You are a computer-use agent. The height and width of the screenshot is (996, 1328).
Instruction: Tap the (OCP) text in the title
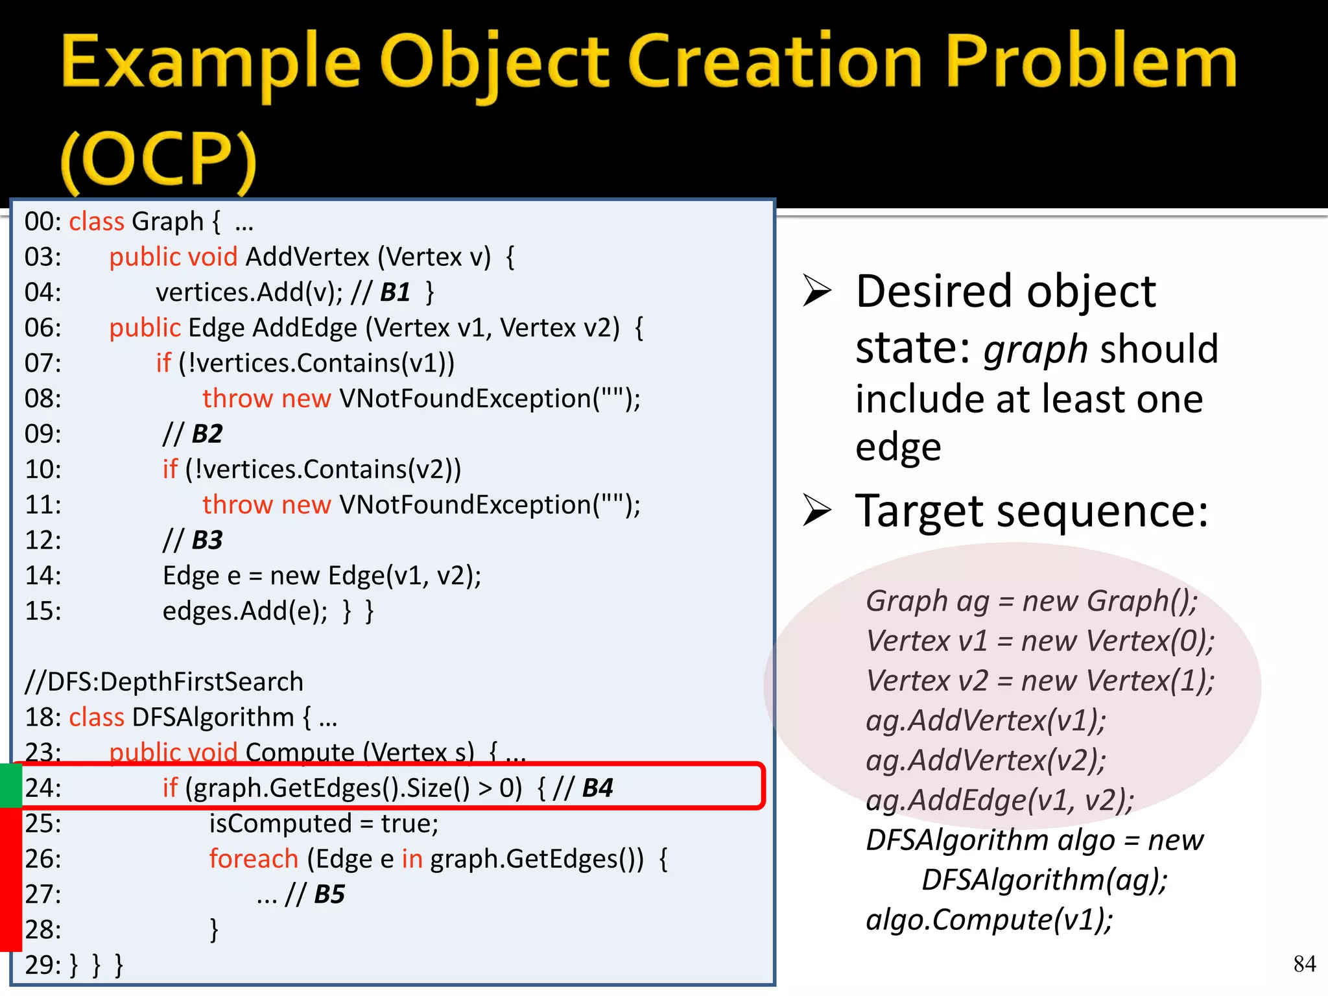[159, 159]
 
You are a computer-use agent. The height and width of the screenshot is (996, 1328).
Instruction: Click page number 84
[1304, 964]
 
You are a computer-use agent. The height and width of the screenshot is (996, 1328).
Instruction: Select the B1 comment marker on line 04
[395, 292]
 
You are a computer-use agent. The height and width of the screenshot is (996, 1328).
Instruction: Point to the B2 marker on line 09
[207, 434]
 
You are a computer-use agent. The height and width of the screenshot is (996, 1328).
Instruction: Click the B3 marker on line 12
[207, 540]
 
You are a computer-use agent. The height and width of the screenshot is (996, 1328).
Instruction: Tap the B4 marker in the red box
[597, 788]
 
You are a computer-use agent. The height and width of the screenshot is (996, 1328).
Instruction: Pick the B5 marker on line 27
[329, 894]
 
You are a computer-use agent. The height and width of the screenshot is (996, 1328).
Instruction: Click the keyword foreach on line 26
[254, 859]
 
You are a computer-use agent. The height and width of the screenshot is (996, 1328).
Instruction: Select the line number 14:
[43, 576]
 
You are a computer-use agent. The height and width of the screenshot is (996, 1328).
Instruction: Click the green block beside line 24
[10, 785]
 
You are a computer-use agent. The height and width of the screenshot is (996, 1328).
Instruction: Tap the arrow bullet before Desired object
[817, 290]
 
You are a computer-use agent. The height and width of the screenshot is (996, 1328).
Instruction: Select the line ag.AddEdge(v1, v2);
[1000, 800]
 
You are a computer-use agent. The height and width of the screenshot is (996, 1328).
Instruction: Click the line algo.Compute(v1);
[990, 919]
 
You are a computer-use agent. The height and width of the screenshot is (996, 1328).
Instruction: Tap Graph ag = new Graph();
[1032, 601]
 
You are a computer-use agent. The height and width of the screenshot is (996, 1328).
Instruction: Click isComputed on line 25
[280, 824]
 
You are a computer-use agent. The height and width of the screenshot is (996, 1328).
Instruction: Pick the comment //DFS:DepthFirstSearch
[164, 682]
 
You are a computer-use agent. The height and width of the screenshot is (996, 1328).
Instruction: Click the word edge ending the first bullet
[898, 447]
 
